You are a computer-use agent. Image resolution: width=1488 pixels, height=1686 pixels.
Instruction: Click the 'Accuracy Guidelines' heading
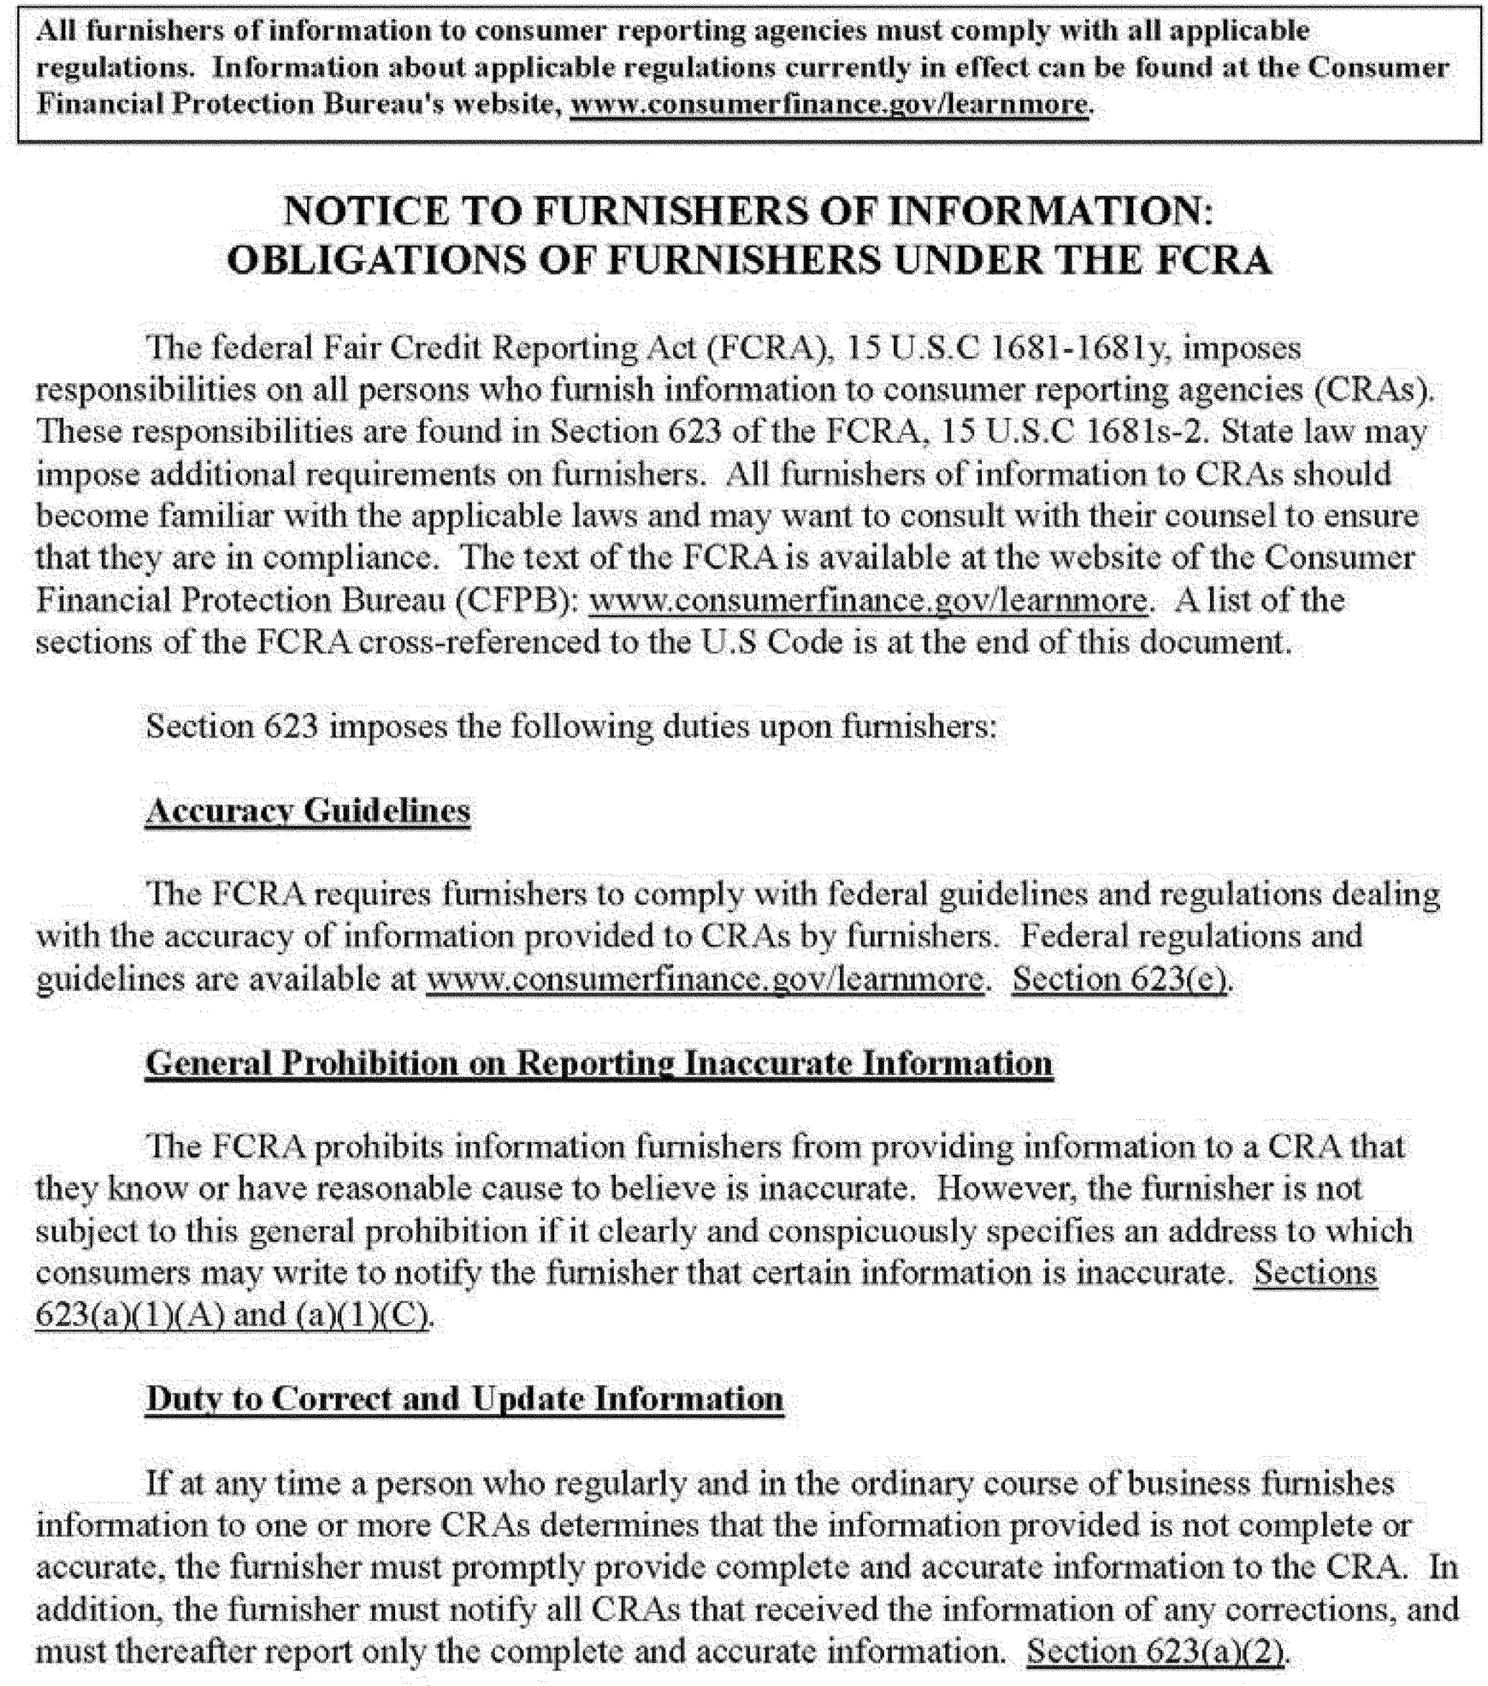[x=308, y=811]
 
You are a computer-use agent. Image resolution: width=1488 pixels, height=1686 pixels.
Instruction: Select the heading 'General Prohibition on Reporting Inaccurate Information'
[x=599, y=1064]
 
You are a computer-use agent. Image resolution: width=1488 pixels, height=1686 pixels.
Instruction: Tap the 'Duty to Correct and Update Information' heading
[x=464, y=1400]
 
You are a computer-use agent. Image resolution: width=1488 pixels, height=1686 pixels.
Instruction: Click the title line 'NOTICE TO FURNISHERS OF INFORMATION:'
[x=748, y=211]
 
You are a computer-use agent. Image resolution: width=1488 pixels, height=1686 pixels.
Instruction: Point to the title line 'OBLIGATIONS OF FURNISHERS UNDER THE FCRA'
[x=748, y=261]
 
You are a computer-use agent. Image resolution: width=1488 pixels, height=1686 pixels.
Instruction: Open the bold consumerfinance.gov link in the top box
[x=829, y=105]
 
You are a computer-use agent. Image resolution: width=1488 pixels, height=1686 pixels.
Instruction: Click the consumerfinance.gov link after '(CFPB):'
[x=868, y=600]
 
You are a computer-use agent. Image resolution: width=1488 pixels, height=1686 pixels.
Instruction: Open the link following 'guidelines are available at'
[x=704, y=978]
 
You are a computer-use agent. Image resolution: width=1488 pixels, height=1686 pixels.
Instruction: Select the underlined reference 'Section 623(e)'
[x=1120, y=978]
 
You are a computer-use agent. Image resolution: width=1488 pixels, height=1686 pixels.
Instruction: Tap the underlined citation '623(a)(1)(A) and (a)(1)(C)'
[x=232, y=1315]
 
